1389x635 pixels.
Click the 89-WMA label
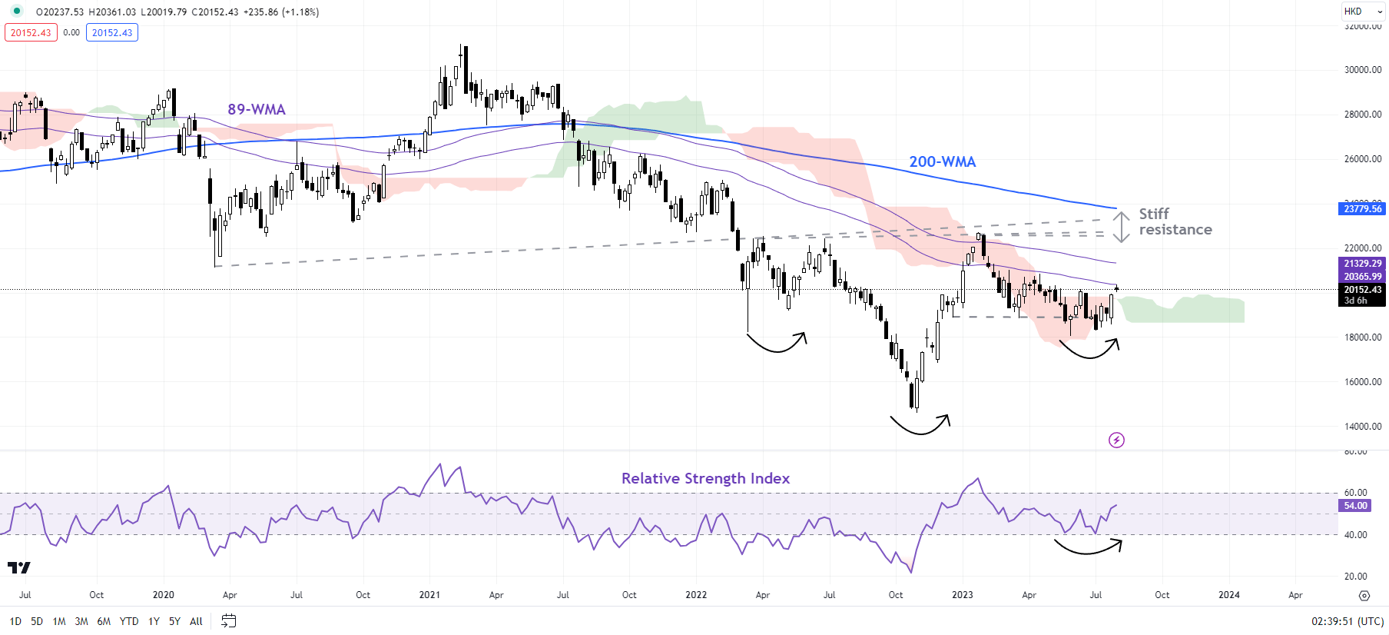click(x=256, y=109)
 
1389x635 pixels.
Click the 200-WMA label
click(x=942, y=161)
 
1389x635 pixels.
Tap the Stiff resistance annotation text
click(x=1175, y=221)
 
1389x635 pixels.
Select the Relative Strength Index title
click(x=705, y=478)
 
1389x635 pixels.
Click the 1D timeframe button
click(x=15, y=621)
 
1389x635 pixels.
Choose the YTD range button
click(x=129, y=621)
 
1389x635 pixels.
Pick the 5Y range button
click(x=174, y=621)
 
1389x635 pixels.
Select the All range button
click(x=196, y=621)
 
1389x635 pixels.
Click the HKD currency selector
click(x=1353, y=12)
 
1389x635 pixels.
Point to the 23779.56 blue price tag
click(x=1362, y=208)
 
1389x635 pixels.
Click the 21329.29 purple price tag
click(x=1362, y=264)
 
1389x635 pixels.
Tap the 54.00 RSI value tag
click(x=1355, y=506)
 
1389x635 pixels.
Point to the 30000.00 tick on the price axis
click(x=1362, y=70)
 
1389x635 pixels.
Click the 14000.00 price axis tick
click(x=1362, y=427)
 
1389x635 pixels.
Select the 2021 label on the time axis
click(x=429, y=595)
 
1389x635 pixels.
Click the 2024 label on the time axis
click(x=1228, y=595)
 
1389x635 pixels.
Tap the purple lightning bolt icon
click(x=1116, y=440)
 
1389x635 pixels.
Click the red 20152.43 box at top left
click(x=31, y=33)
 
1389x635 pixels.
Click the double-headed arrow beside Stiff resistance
click(x=1122, y=227)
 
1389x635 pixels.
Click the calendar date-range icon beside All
click(x=228, y=620)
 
